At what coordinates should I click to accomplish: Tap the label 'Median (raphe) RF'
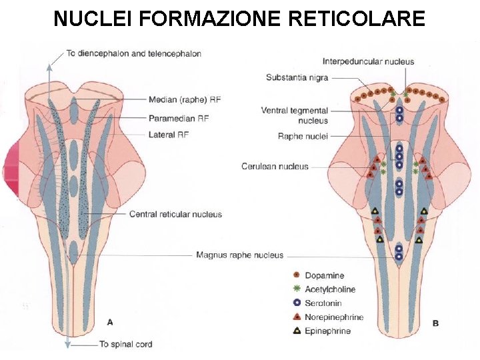click(185, 100)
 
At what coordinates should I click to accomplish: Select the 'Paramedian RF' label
click(180, 118)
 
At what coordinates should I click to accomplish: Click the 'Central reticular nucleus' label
click(175, 214)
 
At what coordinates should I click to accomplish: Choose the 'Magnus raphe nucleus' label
click(239, 255)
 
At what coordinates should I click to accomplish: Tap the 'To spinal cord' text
click(125, 344)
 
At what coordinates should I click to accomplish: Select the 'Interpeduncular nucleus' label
click(368, 61)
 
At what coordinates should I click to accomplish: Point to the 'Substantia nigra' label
click(297, 77)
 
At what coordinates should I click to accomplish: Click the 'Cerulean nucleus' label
click(275, 166)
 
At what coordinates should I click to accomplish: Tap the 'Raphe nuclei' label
click(303, 136)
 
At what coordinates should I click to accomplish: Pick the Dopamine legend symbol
click(296, 275)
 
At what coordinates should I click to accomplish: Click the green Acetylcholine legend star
click(296, 289)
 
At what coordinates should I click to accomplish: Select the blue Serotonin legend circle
click(296, 303)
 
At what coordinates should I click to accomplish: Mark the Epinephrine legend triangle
click(296, 331)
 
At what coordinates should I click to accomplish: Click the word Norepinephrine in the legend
click(334, 317)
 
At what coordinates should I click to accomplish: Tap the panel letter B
click(435, 323)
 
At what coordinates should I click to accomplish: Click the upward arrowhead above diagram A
click(48, 65)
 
